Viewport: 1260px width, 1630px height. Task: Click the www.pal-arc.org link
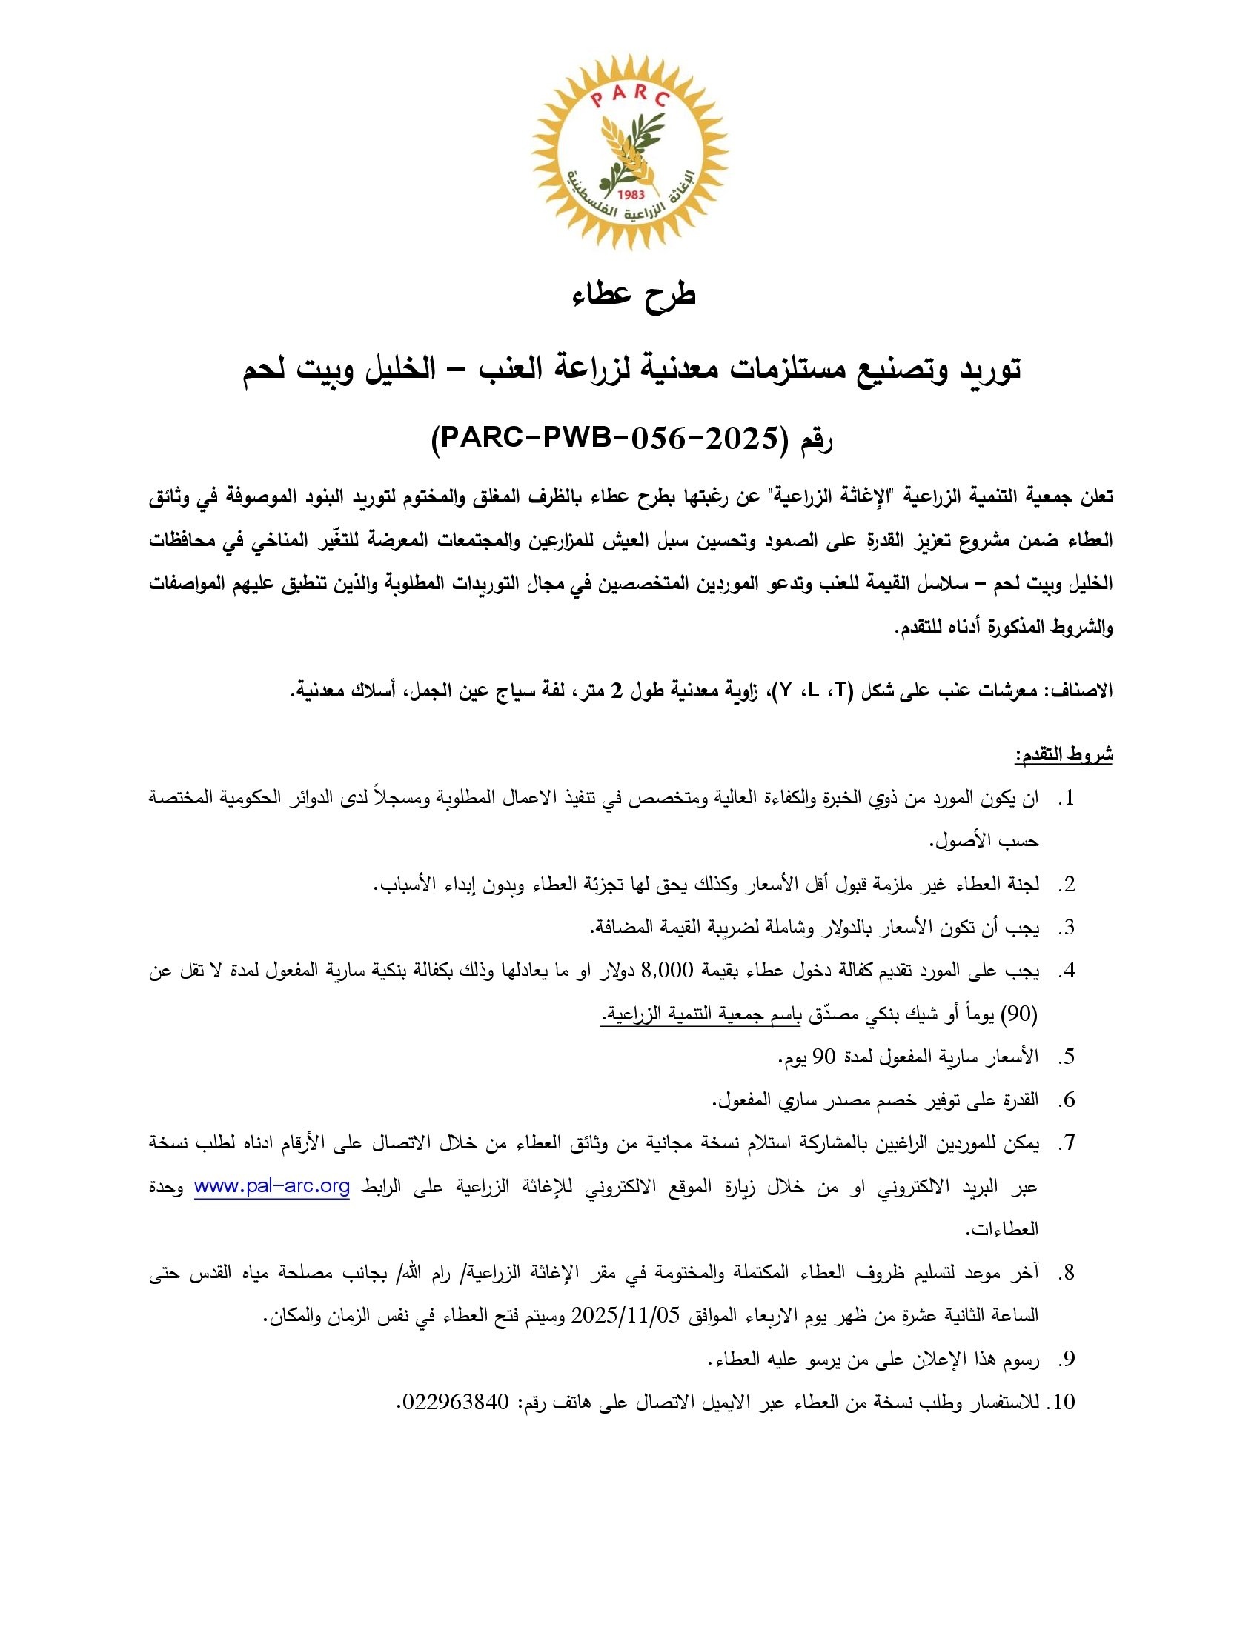(272, 1187)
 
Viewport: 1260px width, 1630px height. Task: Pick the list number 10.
(1062, 1403)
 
